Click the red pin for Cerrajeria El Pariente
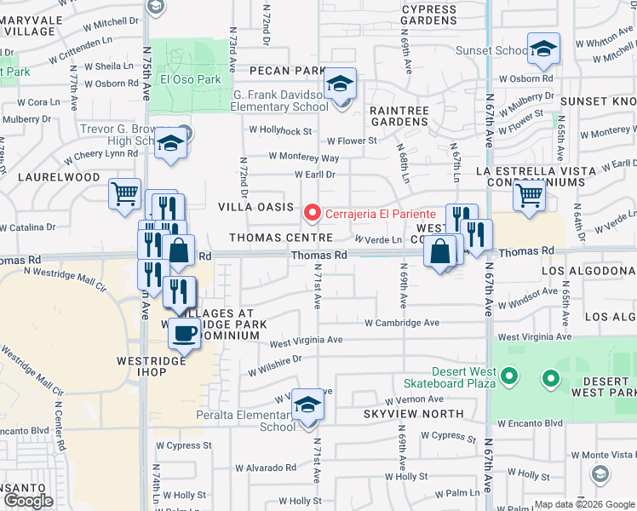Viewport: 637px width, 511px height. [313, 212]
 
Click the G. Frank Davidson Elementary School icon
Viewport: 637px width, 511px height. [341, 85]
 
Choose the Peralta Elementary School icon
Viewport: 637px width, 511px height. [307, 406]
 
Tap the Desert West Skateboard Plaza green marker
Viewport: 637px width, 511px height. [508, 376]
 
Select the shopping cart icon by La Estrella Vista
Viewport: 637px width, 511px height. [529, 197]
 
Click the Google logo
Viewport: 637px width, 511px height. [29, 501]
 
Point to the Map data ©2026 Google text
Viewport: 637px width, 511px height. [583, 504]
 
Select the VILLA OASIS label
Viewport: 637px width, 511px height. [255, 207]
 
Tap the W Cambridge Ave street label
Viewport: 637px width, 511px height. [402, 323]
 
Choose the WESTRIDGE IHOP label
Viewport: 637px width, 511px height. [151, 361]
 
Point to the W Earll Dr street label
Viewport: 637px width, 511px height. [315, 175]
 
